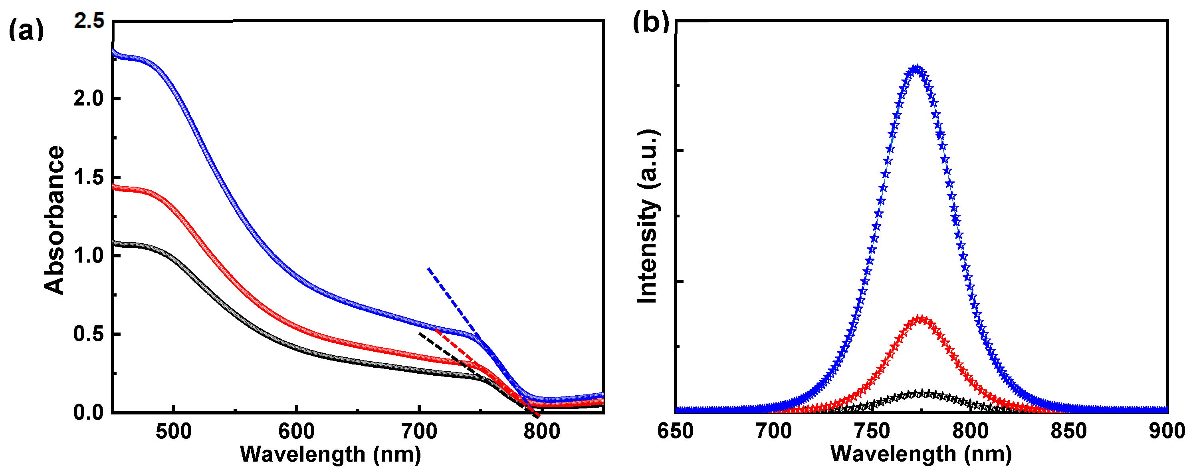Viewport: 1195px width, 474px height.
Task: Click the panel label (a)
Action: click(26, 31)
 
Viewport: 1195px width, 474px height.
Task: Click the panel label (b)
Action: click(651, 22)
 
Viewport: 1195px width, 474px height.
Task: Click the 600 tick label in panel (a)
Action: click(296, 432)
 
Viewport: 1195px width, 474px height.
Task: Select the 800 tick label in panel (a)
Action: click(542, 432)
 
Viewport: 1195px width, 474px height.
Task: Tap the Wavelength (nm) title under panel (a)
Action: click(330, 454)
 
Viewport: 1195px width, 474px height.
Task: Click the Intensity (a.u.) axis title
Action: click(648, 216)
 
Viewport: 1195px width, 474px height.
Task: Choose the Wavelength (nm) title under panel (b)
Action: click(921, 454)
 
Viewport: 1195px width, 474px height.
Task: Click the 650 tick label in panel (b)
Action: click(676, 432)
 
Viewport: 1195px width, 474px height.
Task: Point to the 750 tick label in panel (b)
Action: click(872, 432)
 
